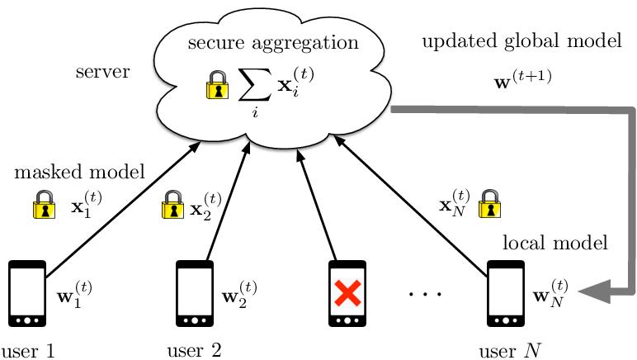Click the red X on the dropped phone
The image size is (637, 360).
(347, 293)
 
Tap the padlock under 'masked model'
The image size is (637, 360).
(43, 204)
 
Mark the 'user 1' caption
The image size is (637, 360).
(28, 349)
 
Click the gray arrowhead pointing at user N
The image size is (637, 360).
(596, 291)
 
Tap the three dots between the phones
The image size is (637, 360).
(426, 294)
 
